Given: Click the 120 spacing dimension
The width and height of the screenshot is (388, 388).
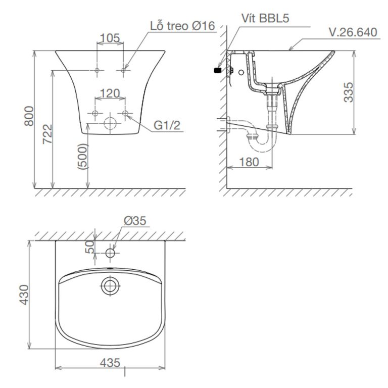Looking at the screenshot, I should (110, 93).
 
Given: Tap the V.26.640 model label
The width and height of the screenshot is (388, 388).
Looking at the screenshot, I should (352, 32).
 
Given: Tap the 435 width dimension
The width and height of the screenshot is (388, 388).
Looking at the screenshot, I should (110, 362).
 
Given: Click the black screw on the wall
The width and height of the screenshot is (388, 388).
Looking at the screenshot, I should (218, 70).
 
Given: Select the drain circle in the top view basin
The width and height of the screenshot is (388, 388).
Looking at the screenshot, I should (110, 286).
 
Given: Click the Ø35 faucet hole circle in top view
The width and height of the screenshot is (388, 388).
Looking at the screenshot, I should (110, 251).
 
